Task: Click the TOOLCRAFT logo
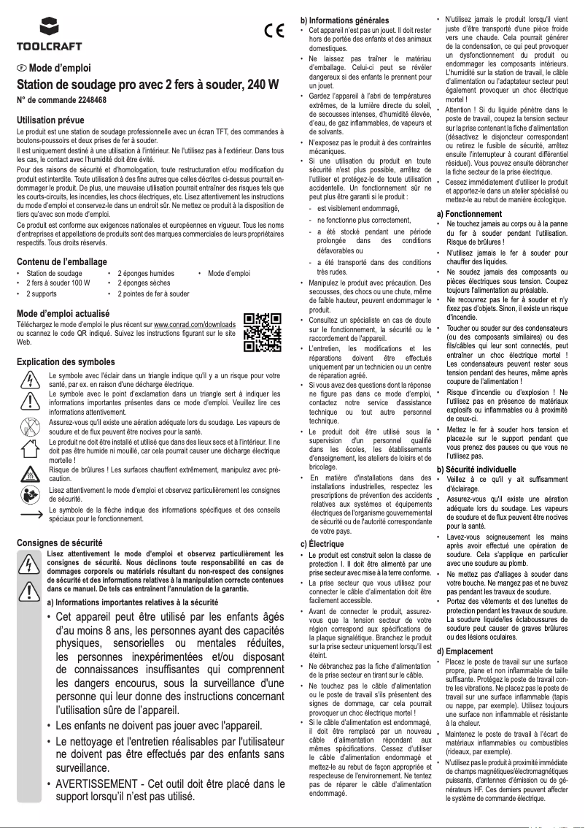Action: click(40, 34)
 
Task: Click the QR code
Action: click(262, 332)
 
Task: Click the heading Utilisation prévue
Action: click(51, 120)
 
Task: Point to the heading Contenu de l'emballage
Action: click(61, 261)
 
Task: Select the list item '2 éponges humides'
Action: click(146, 273)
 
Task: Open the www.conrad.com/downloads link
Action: click(195, 323)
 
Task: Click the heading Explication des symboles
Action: click(65, 361)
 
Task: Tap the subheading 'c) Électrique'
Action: click(323, 543)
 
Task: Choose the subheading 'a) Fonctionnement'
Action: click(469, 213)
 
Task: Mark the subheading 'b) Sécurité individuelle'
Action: click(476, 469)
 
